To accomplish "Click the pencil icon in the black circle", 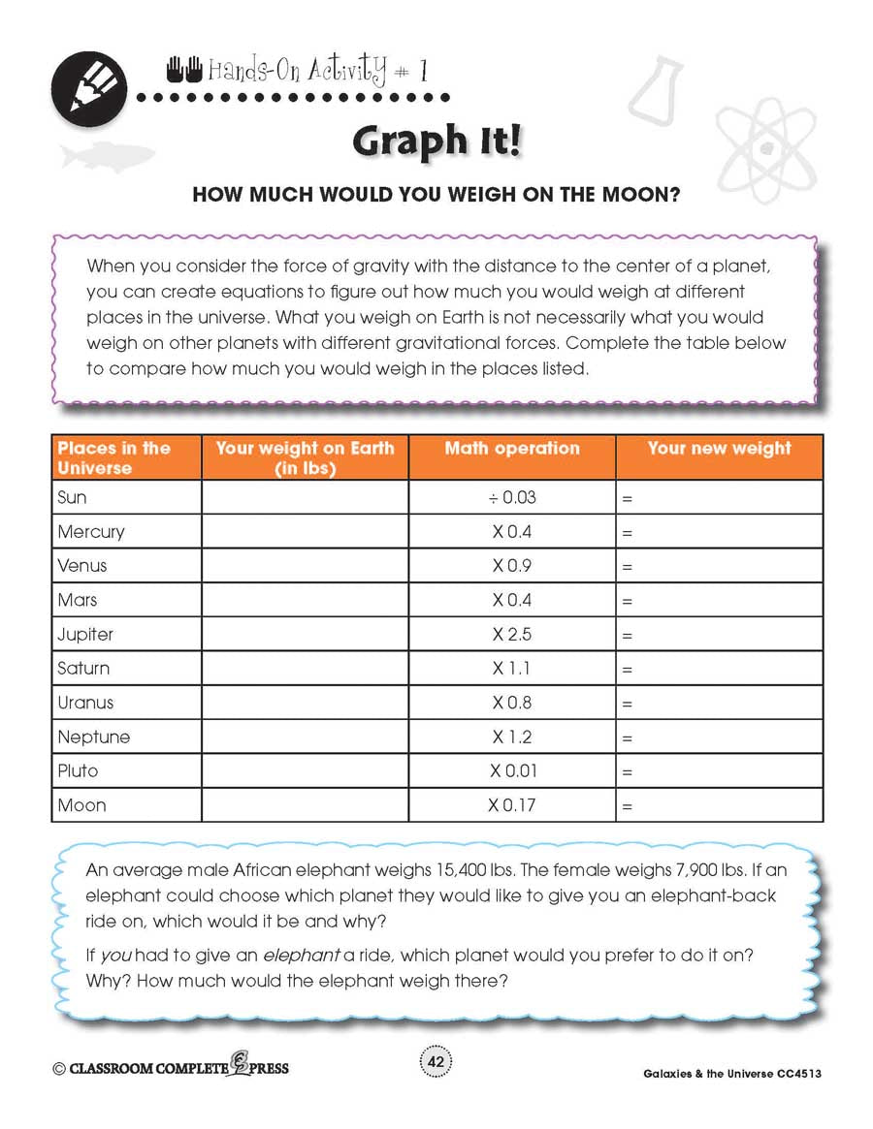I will pos(88,86).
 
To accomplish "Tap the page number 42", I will pos(436,1063).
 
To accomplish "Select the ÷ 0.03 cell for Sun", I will pos(512,497).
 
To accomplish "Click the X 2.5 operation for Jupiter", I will pos(512,635).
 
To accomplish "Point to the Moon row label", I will pos(81,805).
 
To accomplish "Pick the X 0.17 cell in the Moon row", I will pos(512,805).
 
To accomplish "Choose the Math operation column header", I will pos(512,449).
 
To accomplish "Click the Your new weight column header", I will pos(719,449).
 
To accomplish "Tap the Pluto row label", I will pos(78,771).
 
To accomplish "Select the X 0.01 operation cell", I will pos(512,771).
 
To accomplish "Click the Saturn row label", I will pos(83,669).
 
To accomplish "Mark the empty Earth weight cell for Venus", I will pos(305,566).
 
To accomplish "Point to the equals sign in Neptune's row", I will pos(627,738).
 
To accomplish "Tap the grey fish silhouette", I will pos(107,154).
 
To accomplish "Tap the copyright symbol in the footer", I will pos(59,1068).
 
